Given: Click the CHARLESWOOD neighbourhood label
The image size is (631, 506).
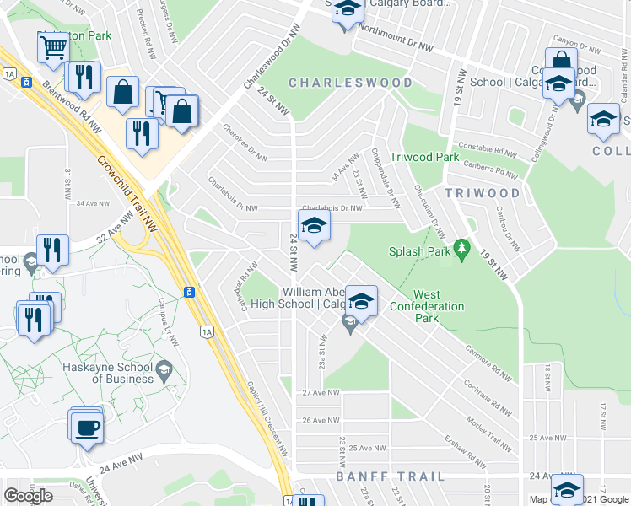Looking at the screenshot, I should coord(351,83).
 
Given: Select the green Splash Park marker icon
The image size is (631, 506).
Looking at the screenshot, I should coord(461,249).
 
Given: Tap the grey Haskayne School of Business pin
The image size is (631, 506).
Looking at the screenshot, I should coord(164,368).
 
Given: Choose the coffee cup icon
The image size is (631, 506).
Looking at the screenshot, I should coord(85,428).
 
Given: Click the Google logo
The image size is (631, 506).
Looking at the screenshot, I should coord(28,496).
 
